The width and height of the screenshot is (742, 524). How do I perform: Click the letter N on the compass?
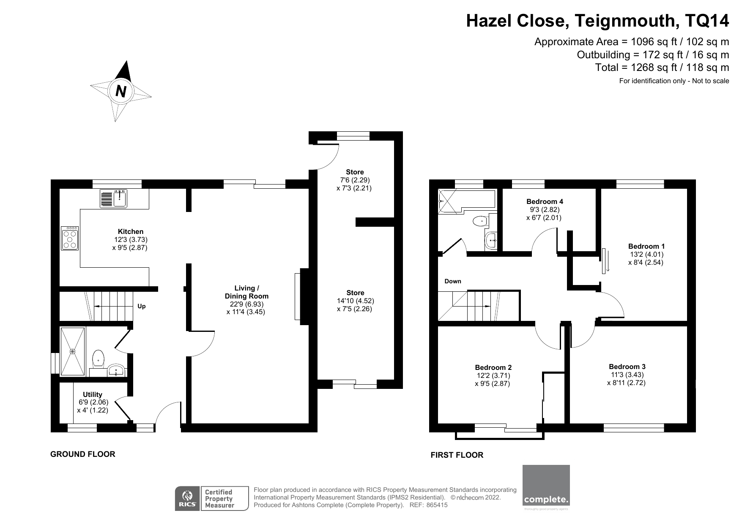(121, 91)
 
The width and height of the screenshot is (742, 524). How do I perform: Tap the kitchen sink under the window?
(114, 198)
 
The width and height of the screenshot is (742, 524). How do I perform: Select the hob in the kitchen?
(70, 239)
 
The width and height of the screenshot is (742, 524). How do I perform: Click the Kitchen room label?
(130, 231)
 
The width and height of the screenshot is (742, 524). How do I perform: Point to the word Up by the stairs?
(142, 306)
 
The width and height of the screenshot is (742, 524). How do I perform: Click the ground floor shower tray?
(73, 351)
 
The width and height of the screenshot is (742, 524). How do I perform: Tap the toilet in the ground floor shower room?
(98, 358)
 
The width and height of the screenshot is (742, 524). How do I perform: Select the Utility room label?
(92, 394)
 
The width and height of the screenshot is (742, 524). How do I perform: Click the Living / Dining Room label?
(246, 292)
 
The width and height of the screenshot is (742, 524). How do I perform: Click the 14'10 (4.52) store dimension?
(355, 301)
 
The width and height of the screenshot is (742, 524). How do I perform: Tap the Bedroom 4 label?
(545, 201)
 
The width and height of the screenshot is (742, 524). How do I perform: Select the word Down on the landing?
(453, 281)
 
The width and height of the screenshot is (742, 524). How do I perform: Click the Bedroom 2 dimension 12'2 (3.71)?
(493, 375)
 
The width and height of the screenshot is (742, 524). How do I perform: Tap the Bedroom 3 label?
(627, 367)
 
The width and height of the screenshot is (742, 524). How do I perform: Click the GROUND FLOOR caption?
(82, 454)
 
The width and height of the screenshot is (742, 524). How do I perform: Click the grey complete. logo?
(546, 485)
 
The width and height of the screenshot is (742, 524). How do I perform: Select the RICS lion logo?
(187, 499)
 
